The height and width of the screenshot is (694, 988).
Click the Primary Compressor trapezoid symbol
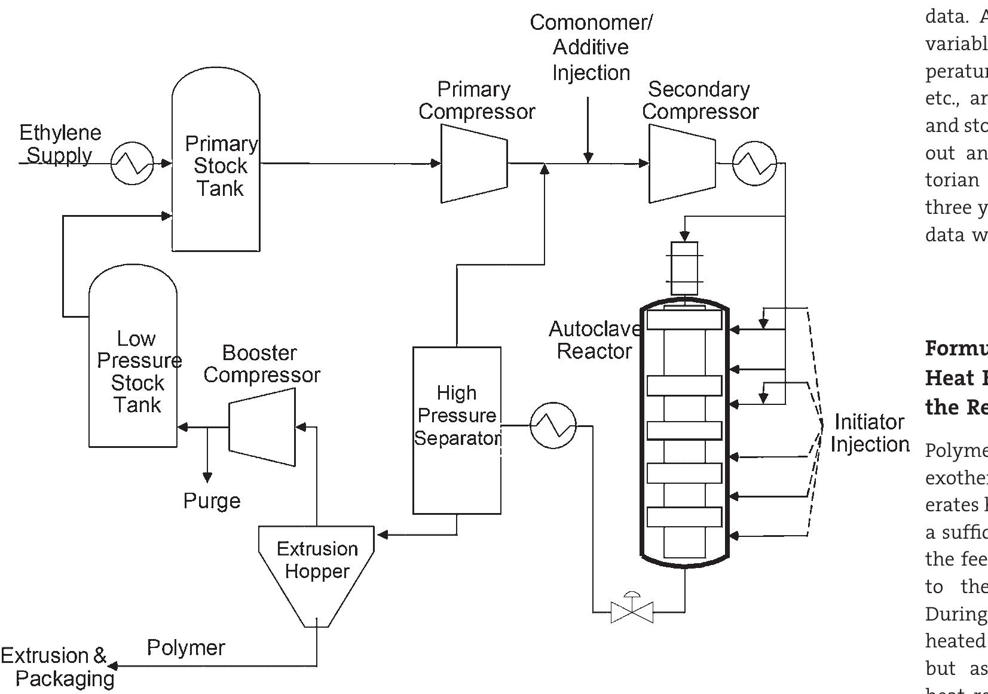coord(474,163)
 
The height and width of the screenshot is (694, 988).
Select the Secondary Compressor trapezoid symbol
coord(682,163)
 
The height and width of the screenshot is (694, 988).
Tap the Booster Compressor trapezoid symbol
coord(262,427)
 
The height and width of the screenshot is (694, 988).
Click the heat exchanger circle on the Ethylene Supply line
coord(132,163)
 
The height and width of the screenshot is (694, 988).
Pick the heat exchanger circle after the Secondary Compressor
coord(754,163)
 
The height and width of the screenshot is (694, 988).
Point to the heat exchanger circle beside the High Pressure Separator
coord(553,426)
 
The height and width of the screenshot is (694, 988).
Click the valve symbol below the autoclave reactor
coord(632,612)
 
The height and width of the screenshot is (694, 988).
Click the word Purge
coord(212,500)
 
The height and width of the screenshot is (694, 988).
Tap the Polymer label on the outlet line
coord(186,647)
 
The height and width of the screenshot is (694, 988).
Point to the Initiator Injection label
coord(870,433)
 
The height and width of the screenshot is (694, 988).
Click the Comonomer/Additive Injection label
coord(591,48)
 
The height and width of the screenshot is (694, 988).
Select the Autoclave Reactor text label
coord(594,340)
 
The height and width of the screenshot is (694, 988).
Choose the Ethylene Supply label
coord(60,144)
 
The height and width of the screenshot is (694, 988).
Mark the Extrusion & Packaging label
coord(58,667)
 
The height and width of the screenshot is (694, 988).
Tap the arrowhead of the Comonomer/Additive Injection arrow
coord(588,158)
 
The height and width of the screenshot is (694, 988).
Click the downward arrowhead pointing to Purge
coord(207,477)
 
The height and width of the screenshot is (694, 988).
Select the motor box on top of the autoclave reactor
coord(684,268)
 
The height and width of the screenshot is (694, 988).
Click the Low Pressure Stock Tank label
coord(137,371)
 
